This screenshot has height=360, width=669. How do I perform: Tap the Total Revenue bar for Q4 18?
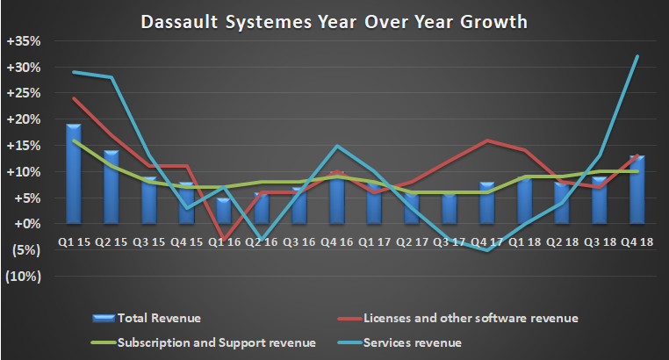[637, 190]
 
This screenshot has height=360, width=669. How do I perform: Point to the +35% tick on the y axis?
[23, 40]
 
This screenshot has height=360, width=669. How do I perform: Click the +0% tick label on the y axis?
[25, 224]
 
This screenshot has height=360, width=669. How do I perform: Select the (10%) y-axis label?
[24, 277]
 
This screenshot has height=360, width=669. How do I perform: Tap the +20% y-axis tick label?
[23, 119]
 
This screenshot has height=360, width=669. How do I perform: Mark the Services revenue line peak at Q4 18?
[637, 56]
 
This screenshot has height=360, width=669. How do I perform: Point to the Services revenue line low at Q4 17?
[488, 250]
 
